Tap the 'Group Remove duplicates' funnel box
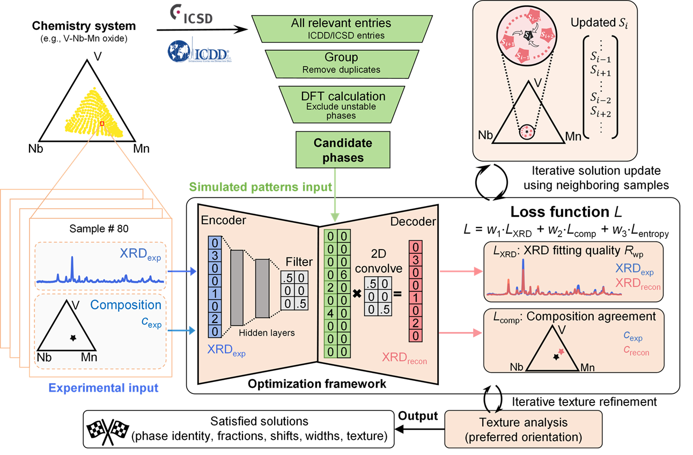341,63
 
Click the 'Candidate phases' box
343,150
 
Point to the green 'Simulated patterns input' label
260,187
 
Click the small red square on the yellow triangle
101,123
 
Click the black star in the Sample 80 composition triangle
73,337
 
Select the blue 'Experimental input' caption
104,388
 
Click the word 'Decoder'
412,221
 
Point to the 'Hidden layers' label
267,333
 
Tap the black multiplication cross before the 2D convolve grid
357,295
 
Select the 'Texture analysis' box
523,429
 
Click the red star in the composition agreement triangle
561,351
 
